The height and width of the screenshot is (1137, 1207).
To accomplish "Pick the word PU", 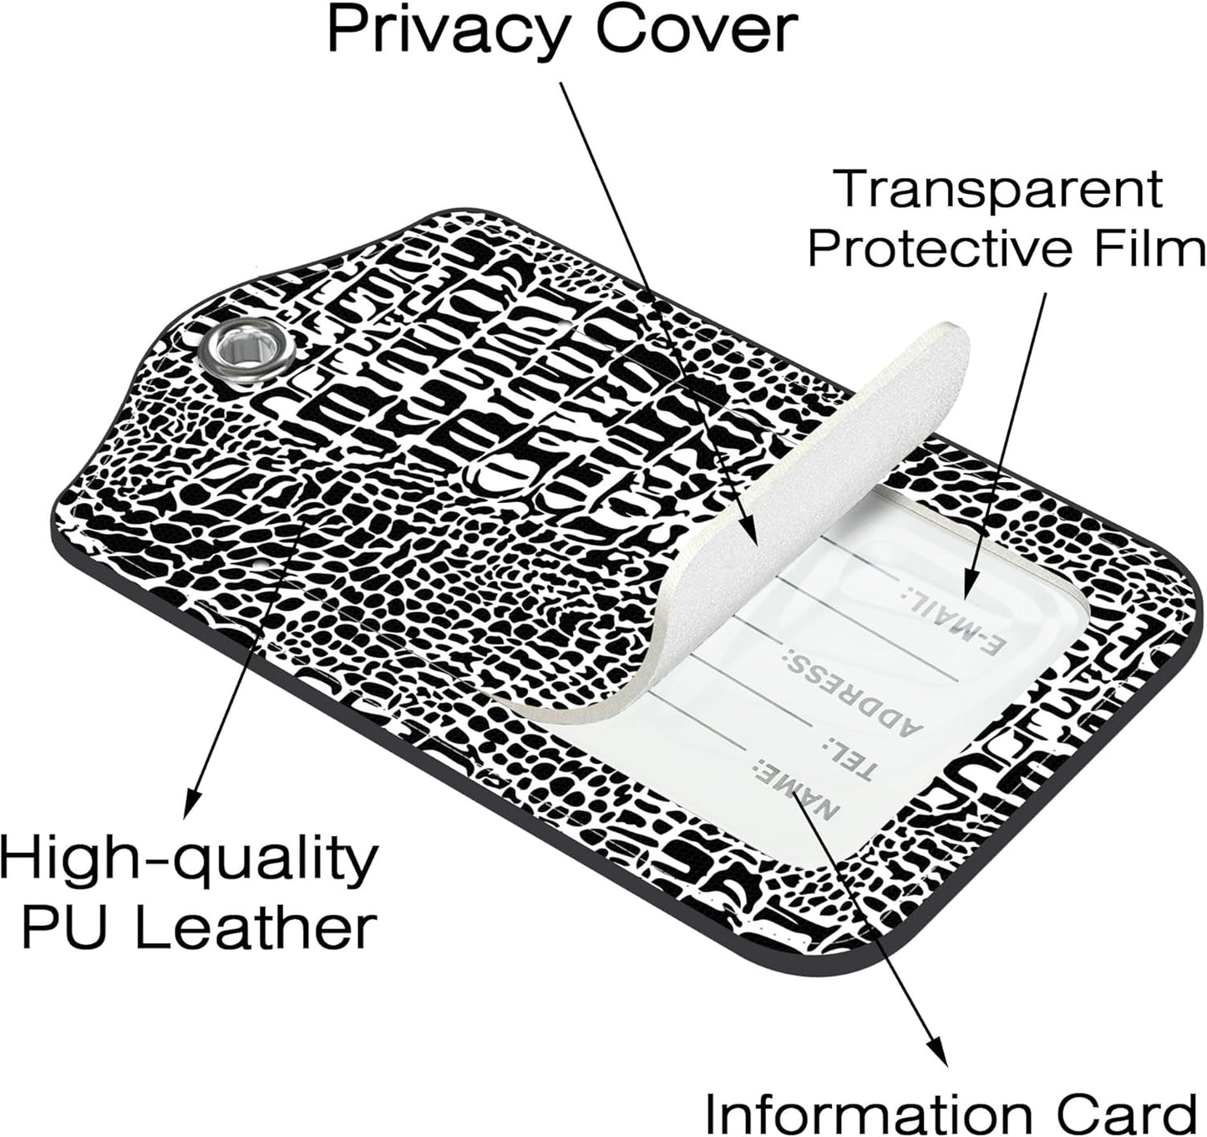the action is (68, 936).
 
